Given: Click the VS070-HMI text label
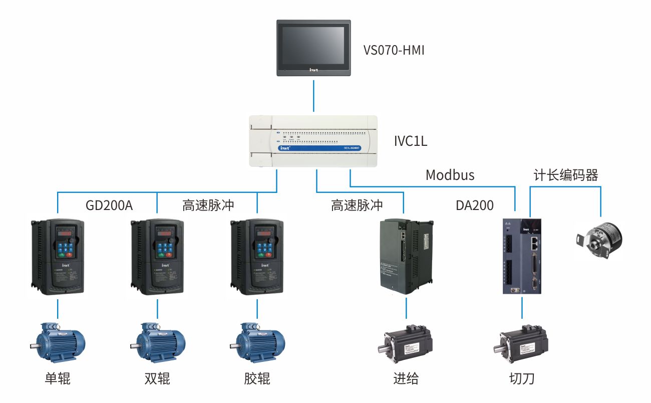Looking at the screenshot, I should click(394, 50).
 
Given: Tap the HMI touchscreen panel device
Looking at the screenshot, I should click(314, 48).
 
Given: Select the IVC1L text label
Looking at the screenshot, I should click(410, 141).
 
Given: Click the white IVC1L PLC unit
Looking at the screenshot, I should click(313, 141).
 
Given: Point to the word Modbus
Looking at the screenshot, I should click(450, 175).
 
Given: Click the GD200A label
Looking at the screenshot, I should click(109, 205).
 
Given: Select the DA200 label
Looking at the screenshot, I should click(474, 205).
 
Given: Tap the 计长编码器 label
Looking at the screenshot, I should click(566, 175).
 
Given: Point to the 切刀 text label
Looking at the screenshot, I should click(521, 378).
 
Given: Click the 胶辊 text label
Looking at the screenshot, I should click(257, 378).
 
